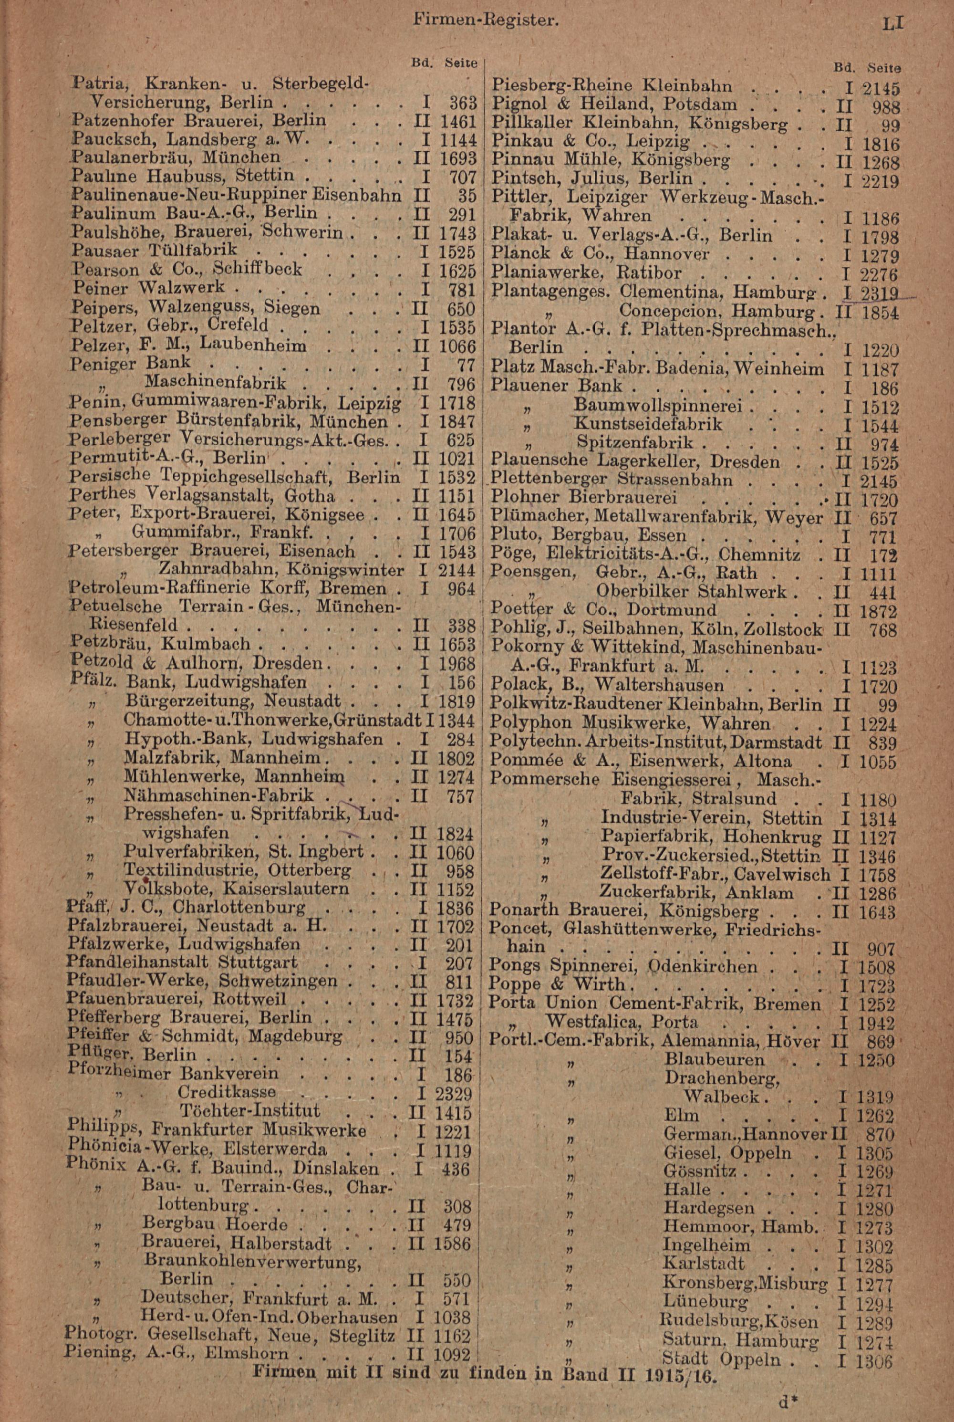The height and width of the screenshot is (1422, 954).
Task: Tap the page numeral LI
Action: coord(893,24)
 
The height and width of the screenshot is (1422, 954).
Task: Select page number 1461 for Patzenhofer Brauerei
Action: coord(456,120)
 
